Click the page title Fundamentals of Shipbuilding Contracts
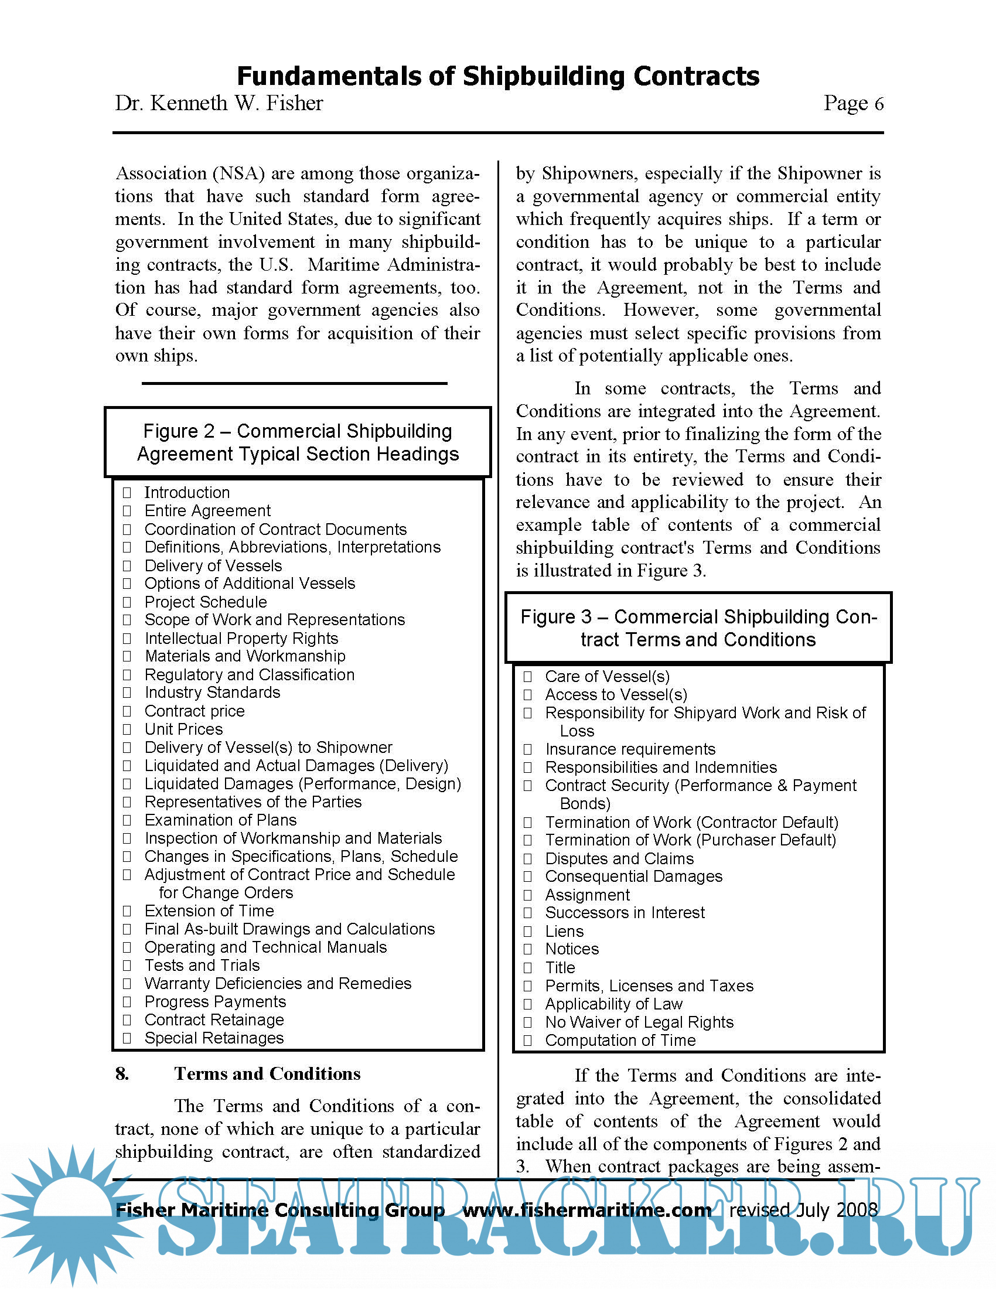pyautogui.click(x=497, y=76)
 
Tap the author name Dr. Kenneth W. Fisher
pyautogui.click(x=219, y=103)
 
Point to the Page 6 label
pyautogui.click(x=852, y=103)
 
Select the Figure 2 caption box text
pyautogui.click(x=298, y=442)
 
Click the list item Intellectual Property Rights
pyautogui.click(x=241, y=638)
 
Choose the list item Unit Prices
pyautogui.click(x=183, y=729)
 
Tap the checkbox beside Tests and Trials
pyautogui.click(x=127, y=966)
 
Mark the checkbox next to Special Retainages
pyautogui.click(x=127, y=1038)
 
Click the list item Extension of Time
pyautogui.click(x=209, y=911)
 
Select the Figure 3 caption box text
pyautogui.click(x=698, y=628)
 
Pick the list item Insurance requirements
pyautogui.click(x=630, y=749)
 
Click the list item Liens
pyautogui.click(x=564, y=932)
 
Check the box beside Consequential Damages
pyautogui.click(x=527, y=877)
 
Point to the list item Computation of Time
pyautogui.click(x=620, y=1041)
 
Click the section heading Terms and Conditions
pyautogui.click(x=267, y=1073)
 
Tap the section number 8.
pyautogui.click(x=122, y=1073)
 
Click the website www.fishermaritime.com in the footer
pyautogui.click(x=586, y=1210)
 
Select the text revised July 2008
pyautogui.click(x=803, y=1210)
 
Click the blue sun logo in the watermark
pyautogui.click(x=71, y=1216)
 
